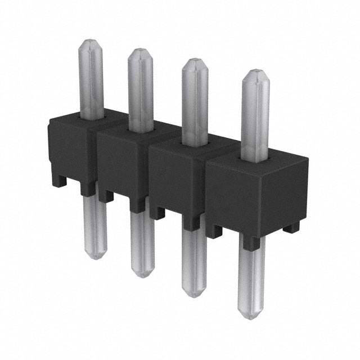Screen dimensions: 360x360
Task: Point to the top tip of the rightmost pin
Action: [x=256, y=72]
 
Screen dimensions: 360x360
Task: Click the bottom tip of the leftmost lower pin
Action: [x=96, y=258]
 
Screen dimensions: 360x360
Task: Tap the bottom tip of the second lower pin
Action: [x=143, y=275]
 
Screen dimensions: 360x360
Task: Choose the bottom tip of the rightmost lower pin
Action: [x=251, y=317]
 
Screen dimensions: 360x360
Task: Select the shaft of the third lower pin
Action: [x=195, y=259]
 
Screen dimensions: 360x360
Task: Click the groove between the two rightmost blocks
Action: [x=206, y=186]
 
